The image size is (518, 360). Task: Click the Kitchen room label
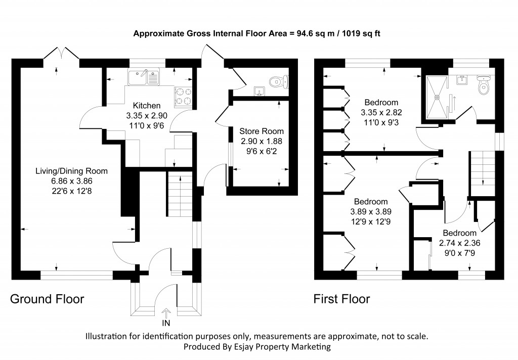pyautogui.click(x=147, y=106)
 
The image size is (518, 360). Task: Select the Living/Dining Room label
pyautogui.click(x=71, y=171)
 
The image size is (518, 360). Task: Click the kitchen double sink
pyautogui.click(x=144, y=77)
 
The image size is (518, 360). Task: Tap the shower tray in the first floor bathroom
pyautogui.click(x=438, y=97)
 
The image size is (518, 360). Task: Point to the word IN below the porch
pyautogui.click(x=165, y=323)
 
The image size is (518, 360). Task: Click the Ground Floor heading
pyautogui.click(x=47, y=299)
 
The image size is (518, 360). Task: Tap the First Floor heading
pyautogui.click(x=342, y=299)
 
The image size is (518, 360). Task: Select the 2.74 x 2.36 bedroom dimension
pyautogui.click(x=460, y=242)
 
